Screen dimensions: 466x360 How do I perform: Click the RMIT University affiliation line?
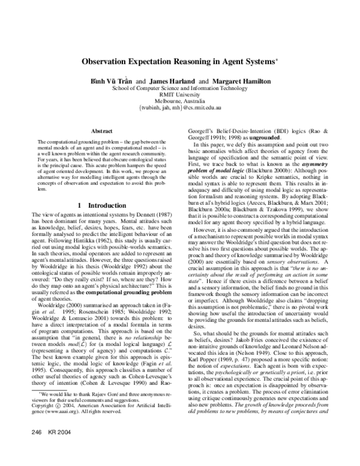click(180, 94)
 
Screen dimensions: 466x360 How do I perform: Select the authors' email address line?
click(180, 108)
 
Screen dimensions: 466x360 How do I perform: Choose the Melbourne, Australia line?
click(180, 101)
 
